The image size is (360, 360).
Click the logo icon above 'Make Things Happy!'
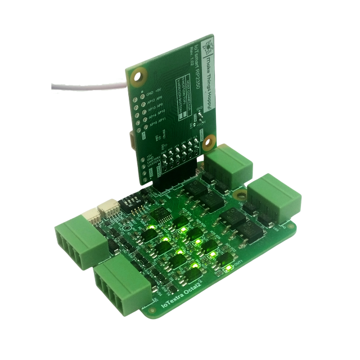(209, 44)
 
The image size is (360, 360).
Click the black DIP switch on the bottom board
(132, 200)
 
